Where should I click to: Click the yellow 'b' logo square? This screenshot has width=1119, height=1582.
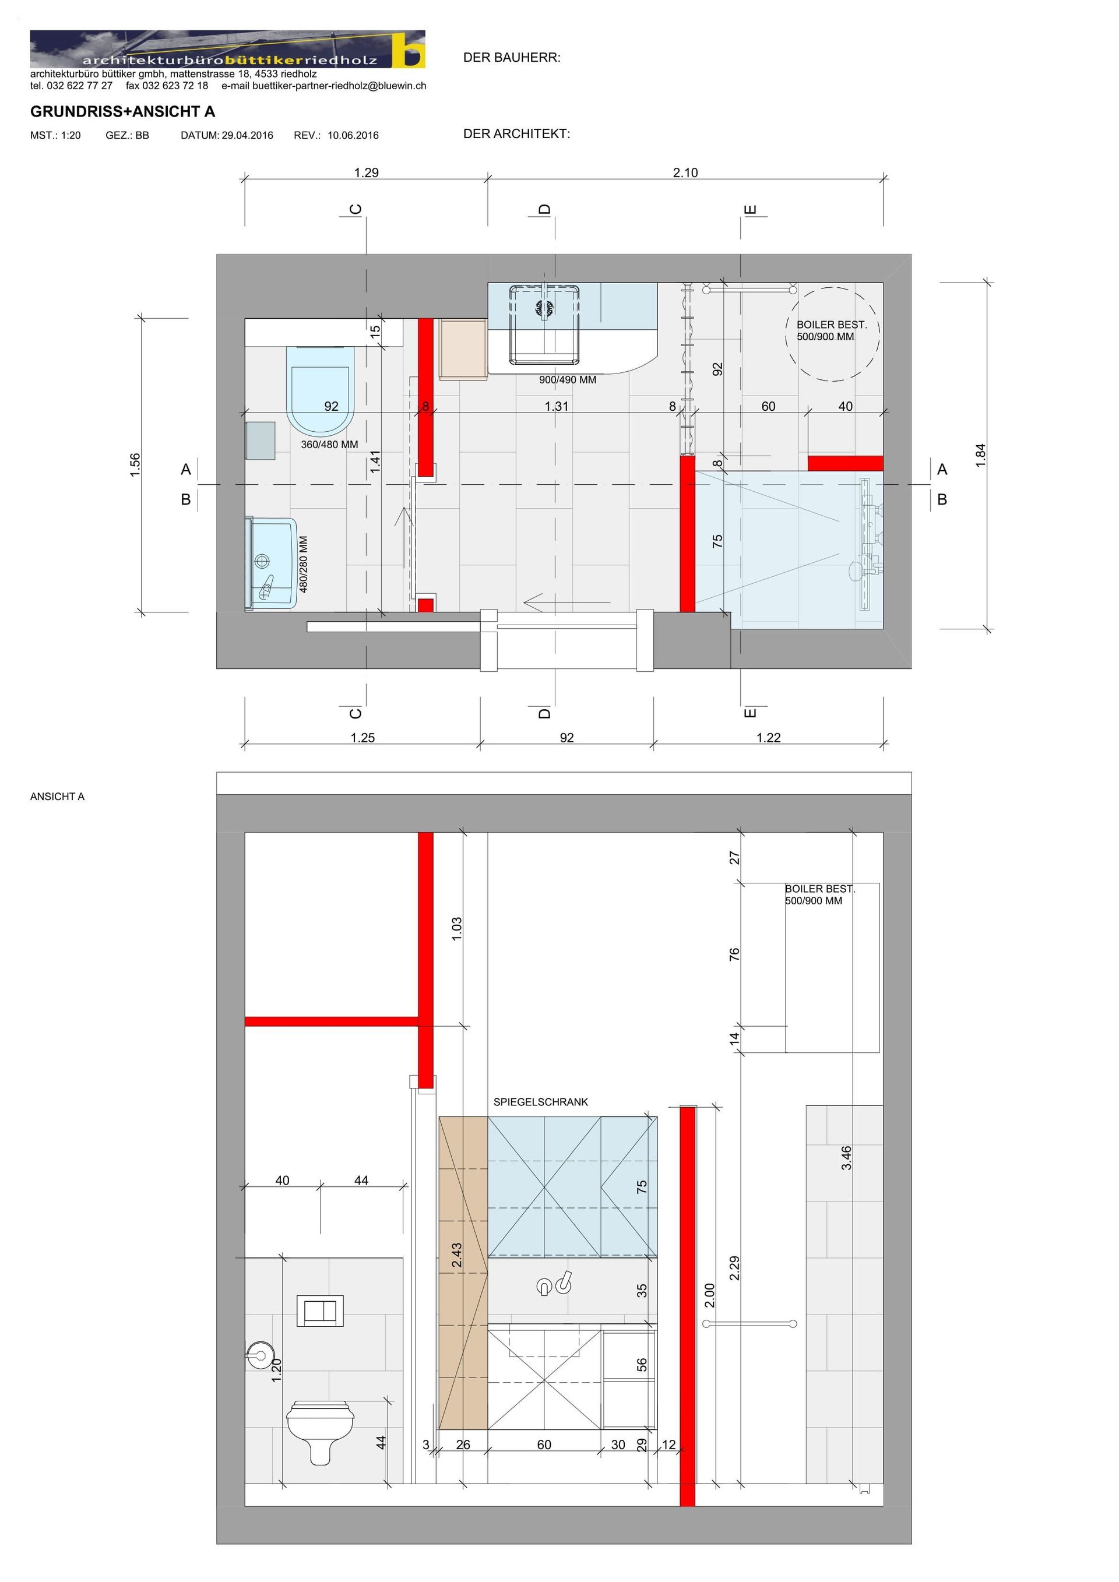coord(409,50)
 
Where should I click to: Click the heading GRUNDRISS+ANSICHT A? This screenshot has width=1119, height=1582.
coord(122,112)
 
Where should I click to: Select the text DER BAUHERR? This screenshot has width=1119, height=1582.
coord(512,58)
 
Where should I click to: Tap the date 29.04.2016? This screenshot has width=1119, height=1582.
coord(247,135)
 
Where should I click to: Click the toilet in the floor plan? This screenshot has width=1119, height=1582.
coord(321,390)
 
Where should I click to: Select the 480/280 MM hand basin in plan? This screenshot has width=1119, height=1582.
coord(272,563)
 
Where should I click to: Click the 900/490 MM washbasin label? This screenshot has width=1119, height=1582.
coord(568,380)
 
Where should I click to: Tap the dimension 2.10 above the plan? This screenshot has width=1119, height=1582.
coord(685,172)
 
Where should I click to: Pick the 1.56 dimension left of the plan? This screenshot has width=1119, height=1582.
coord(135,465)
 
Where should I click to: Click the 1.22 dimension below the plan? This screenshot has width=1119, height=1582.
coord(769,738)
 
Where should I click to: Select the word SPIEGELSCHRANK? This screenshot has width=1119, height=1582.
coord(541,1102)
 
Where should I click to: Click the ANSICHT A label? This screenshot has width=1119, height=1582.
coord(57,797)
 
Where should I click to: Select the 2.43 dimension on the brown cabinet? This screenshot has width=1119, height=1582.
coord(457,1255)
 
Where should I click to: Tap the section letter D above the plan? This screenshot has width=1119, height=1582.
coord(545,209)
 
